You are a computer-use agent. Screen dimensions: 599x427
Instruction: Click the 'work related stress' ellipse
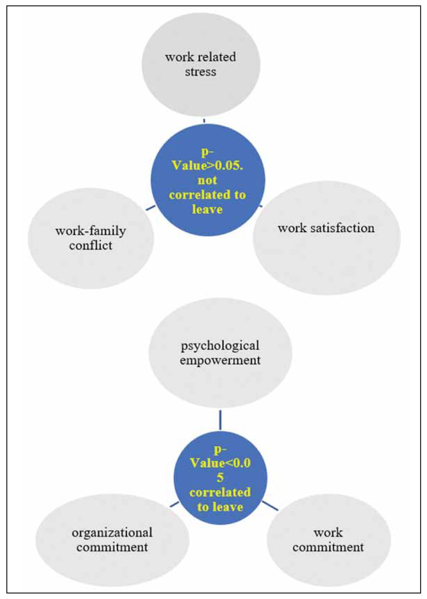point(201,64)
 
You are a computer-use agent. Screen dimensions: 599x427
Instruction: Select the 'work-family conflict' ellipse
point(90,238)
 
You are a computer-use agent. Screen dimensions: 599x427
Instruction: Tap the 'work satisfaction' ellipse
point(326,238)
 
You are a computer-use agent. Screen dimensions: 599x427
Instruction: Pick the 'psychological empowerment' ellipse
point(220,353)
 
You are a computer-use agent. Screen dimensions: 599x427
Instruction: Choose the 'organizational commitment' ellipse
point(112,540)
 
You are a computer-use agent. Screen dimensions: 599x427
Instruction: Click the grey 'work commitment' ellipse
point(328,540)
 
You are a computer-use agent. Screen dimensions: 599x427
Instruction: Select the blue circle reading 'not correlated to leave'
point(208,180)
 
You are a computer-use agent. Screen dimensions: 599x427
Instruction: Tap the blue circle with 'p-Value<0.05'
point(220,478)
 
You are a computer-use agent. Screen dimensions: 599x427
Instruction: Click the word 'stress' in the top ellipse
point(201,72)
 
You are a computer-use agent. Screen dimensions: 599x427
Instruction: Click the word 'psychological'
point(220,346)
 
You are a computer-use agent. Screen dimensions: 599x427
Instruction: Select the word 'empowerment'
point(220,360)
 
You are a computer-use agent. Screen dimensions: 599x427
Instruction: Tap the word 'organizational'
point(112,532)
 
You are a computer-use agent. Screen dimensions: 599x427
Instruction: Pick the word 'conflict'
point(90,246)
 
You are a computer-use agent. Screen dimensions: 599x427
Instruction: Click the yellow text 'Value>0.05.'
point(208,165)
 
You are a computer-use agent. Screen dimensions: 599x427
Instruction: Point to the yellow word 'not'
point(207,180)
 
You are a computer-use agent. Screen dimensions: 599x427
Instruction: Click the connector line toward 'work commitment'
point(270,505)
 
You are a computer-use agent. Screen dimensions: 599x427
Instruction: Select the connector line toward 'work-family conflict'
point(151,208)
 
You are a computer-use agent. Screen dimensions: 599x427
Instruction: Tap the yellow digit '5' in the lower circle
point(220,477)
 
